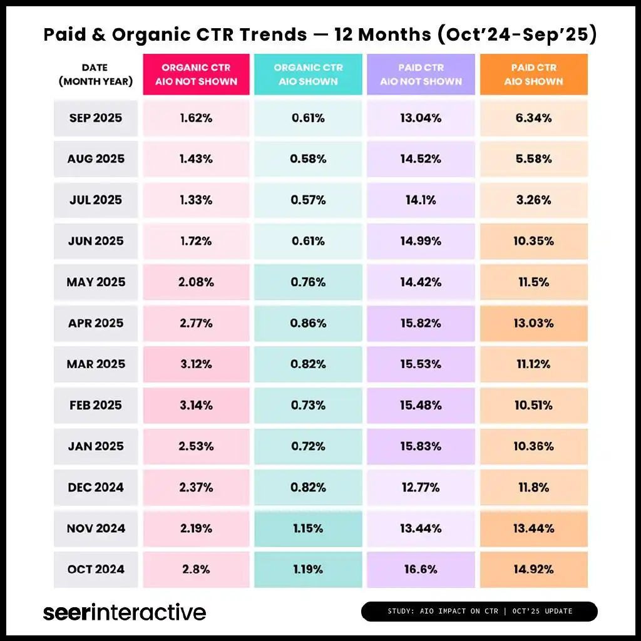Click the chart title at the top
pyautogui.click(x=320, y=35)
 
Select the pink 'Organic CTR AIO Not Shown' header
pyautogui.click(x=196, y=74)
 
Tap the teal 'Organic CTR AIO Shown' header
pyautogui.click(x=308, y=74)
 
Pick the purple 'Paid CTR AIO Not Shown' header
pyautogui.click(x=421, y=74)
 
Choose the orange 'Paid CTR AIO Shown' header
pyautogui.click(x=533, y=74)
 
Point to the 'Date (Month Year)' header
pyautogui.click(x=95, y=74)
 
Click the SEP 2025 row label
pyautogui.click(x=95, y=118)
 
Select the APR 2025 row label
pyautogui.click(x=95, y=323)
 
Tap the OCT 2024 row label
pyautogui.click(x=95, y=569)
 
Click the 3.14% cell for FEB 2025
pyautogui.click(x=196, y=405)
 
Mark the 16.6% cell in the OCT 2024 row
pyautogui.click(x=421, y=569)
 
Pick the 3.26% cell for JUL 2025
pyautogui.click(x=533, y=200)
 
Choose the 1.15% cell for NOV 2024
pyautogui.click(x=308, y=528)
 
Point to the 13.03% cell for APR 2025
pyautogui.click(x=533, y=323)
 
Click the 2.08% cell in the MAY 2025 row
pyautogui.click(x=196, y=282)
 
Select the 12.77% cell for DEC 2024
pyautogui.click(x=421, y=487)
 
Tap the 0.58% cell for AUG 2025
pyautogui.click(x=308, y=159)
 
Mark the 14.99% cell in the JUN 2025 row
pyautogui.click(x=421, y=241)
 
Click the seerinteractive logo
pyautogui.click(x=124, y=612)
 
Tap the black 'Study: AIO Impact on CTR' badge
pyautogui.click(x=479, y=611)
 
